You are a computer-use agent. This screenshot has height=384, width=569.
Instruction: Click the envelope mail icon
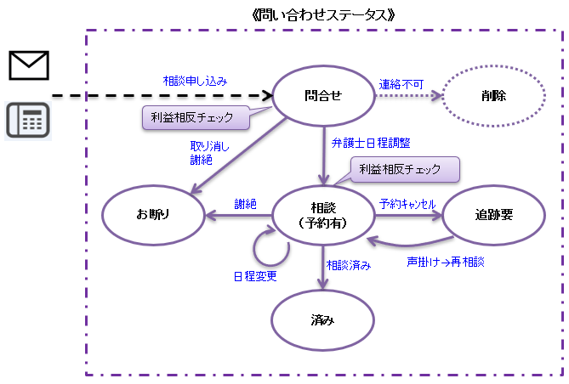29,65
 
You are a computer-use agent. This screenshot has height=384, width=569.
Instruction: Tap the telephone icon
28,120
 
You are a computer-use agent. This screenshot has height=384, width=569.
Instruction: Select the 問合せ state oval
322,96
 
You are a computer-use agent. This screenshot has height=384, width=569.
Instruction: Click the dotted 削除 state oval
492,96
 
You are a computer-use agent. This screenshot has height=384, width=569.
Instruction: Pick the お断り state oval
153,215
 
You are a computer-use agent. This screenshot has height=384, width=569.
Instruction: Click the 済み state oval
322,321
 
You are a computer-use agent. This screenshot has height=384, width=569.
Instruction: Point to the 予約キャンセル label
407,204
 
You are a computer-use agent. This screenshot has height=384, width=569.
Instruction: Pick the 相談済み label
349,265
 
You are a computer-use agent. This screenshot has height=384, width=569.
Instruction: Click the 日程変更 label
255,276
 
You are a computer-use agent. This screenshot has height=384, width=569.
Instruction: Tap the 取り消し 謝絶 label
208,151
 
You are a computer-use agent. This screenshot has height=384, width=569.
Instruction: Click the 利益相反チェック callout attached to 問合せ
195,118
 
